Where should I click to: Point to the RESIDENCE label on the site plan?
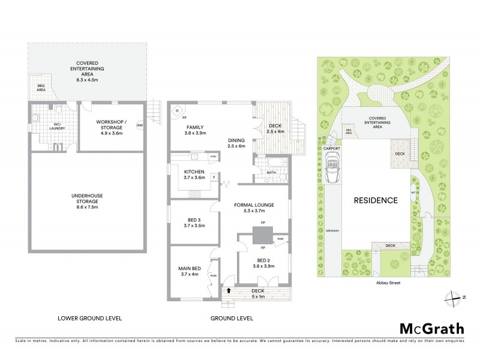[375, 200]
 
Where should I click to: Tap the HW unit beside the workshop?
[140, 125]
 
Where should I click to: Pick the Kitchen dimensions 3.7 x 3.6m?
[194, 177]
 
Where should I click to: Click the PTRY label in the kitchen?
[213, 157]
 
